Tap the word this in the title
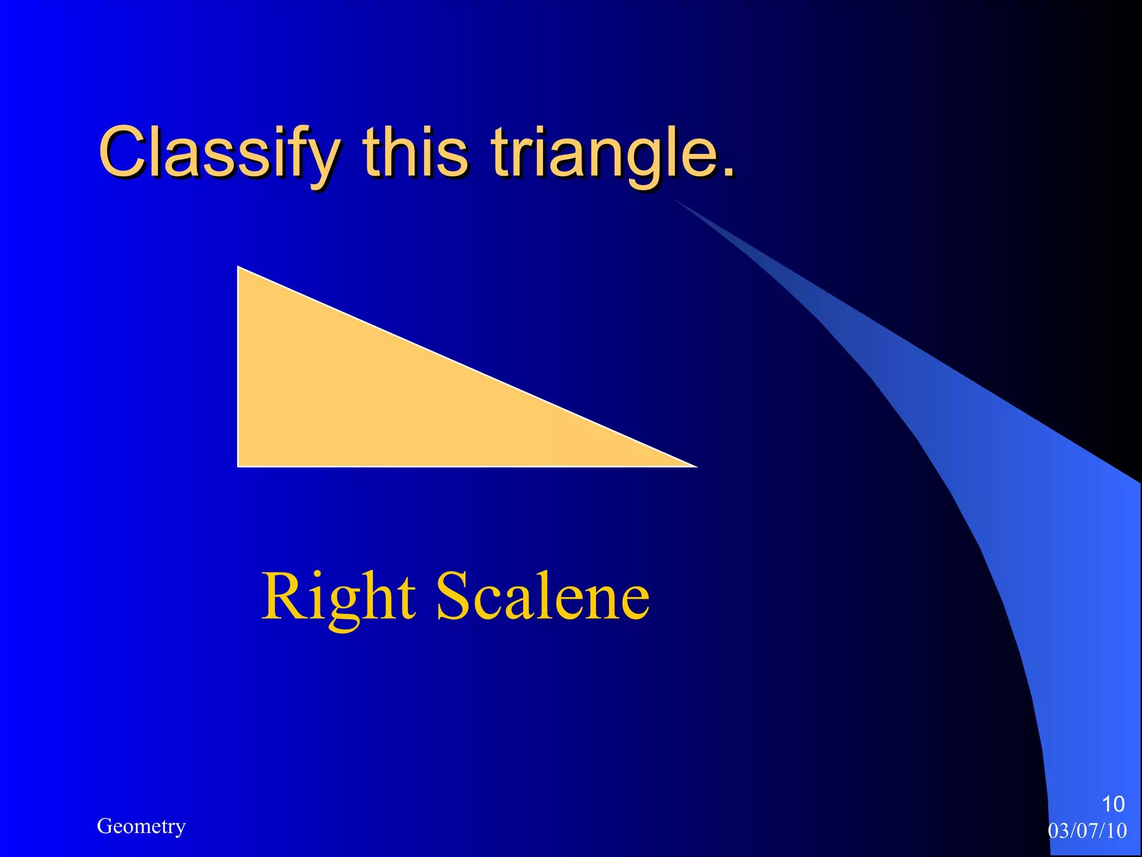click(415, 152)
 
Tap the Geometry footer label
click(141, 826)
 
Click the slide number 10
click(1113, 804)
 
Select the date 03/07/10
click(1087, 831)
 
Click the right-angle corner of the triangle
click(239, 465)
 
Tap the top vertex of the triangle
click(239, 268)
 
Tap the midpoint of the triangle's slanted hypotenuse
click(467, 367)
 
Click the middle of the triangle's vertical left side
click(238, 367)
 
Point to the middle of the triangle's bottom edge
click(467, 466)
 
